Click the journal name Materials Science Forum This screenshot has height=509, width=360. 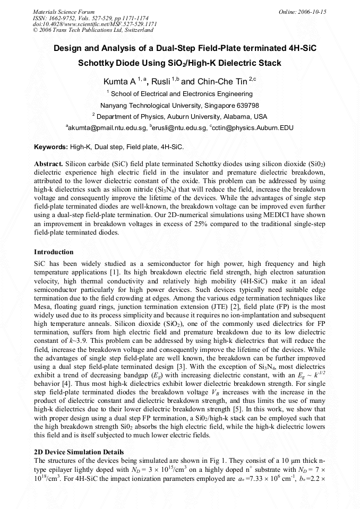[64, 12]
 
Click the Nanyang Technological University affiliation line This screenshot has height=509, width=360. [179, 105]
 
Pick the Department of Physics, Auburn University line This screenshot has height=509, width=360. [181, 116]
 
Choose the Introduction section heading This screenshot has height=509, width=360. [54, 252]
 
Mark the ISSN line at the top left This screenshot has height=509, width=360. [90, 18]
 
